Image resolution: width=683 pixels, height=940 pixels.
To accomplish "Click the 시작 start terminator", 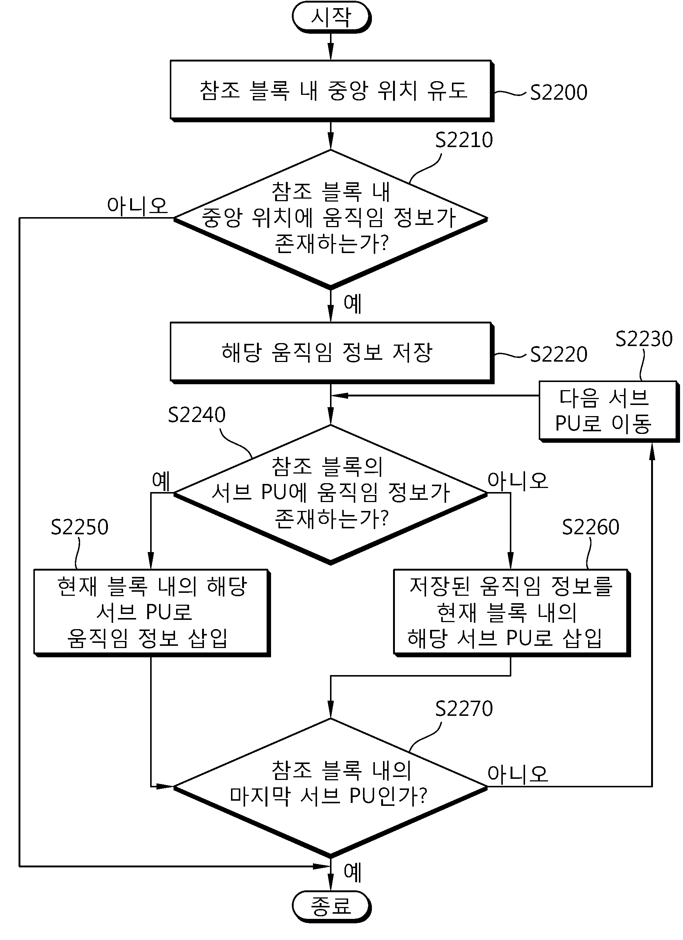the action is pyautogui.click(x=331, y=17).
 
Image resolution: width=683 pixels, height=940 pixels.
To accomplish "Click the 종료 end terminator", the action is pyautogui.click(x=331, y=906).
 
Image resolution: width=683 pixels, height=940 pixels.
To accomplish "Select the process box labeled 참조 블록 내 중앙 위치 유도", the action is pyautogui.click(x=332, y=91).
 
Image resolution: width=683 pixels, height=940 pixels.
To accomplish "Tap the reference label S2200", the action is pyautogui.click(x=558, y=92).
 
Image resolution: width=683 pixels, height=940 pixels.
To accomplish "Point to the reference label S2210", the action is pyautogui.click(x=463, y=140).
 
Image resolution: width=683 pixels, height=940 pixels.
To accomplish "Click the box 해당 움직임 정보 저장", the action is pyautogui.click(x=332, y=353).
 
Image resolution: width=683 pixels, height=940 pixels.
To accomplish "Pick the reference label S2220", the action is pyautogui.click(x=558, y=354).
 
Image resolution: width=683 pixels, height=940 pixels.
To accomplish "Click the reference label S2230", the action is pyautogui.click(x=644, y=339).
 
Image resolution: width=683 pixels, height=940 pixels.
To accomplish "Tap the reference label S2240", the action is pyautogui.click(x=197, y=415).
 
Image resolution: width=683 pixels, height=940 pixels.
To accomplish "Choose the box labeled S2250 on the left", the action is pyautogui.click(x=152, y=612).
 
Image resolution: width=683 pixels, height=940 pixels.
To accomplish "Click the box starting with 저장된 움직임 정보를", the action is pyautogui.click(x=512, y=612).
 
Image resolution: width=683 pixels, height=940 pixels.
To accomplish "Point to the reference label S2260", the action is pyautogui.click(x=590, y=527).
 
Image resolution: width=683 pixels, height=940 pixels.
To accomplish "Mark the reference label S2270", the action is pyautogui.click(x=463, y=709).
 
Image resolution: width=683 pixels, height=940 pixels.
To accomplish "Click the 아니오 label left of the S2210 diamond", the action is pyautogui.click(x=137, y=206).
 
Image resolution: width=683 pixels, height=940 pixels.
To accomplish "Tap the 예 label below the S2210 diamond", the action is pyautogui.click(x=353, y=303).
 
